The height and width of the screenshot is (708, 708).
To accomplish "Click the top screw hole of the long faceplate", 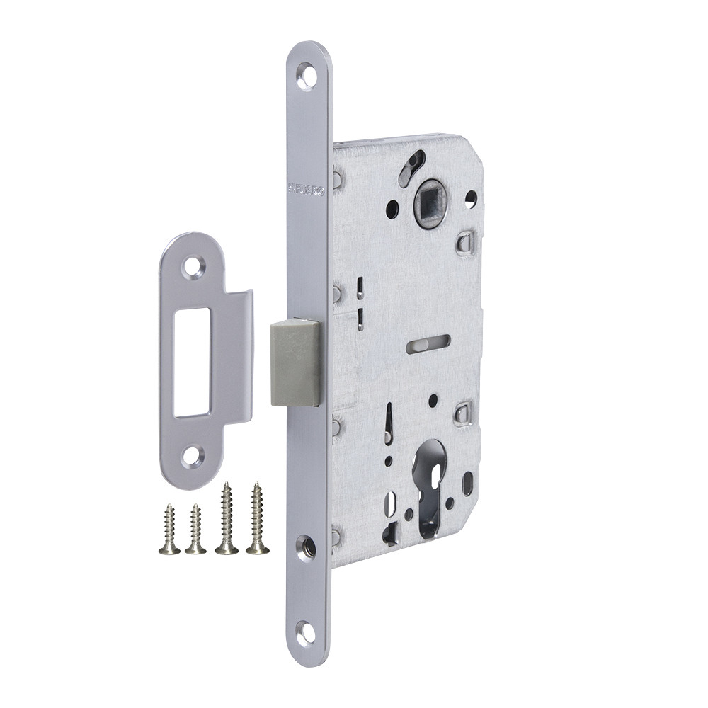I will click(x=307, y=76).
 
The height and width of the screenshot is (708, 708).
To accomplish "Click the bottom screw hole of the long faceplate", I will click(x=306, y=632).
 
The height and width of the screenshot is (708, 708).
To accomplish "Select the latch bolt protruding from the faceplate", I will click(x=295, y=362).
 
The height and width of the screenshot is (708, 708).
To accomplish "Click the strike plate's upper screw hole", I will click(x=192, y=268).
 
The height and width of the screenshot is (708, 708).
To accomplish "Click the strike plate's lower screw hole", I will click(x=192, y=456).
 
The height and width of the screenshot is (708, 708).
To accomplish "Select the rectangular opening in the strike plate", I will click(x=193, y=362).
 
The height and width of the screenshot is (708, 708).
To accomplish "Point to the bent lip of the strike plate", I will click(x=239, y=358).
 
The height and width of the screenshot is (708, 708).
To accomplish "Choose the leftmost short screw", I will click(x=169, y=530).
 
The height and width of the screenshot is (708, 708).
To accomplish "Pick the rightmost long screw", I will click(x=258, y=518).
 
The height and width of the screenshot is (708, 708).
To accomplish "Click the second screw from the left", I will click(x=195, y=530).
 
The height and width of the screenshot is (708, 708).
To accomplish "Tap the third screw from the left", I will click(x=227, y=518).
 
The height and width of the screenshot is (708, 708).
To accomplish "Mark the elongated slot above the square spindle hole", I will click(x=411, y=168).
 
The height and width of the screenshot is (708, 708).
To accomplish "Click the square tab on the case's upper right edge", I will click(x=465, y=243).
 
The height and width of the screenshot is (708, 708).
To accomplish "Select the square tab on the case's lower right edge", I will click(x=463, y=413).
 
